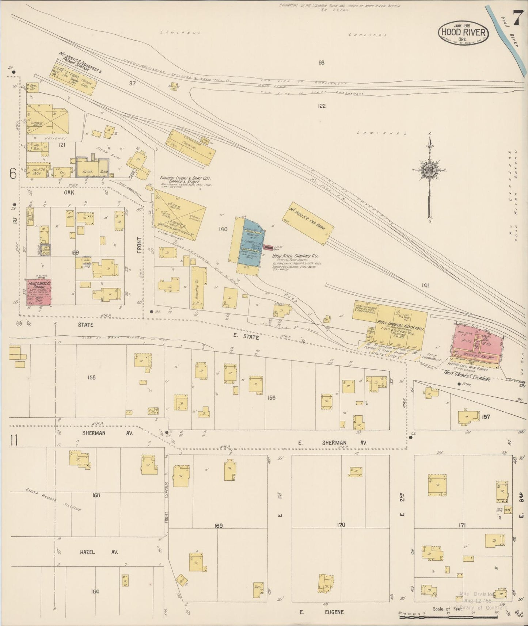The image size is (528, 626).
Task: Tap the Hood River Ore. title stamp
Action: point(463,33)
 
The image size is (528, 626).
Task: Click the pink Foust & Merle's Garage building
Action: point(38,292)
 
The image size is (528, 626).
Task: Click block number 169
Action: point(219,526)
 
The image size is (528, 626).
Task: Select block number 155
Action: point(91,377)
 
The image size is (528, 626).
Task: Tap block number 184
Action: point(95,591)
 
